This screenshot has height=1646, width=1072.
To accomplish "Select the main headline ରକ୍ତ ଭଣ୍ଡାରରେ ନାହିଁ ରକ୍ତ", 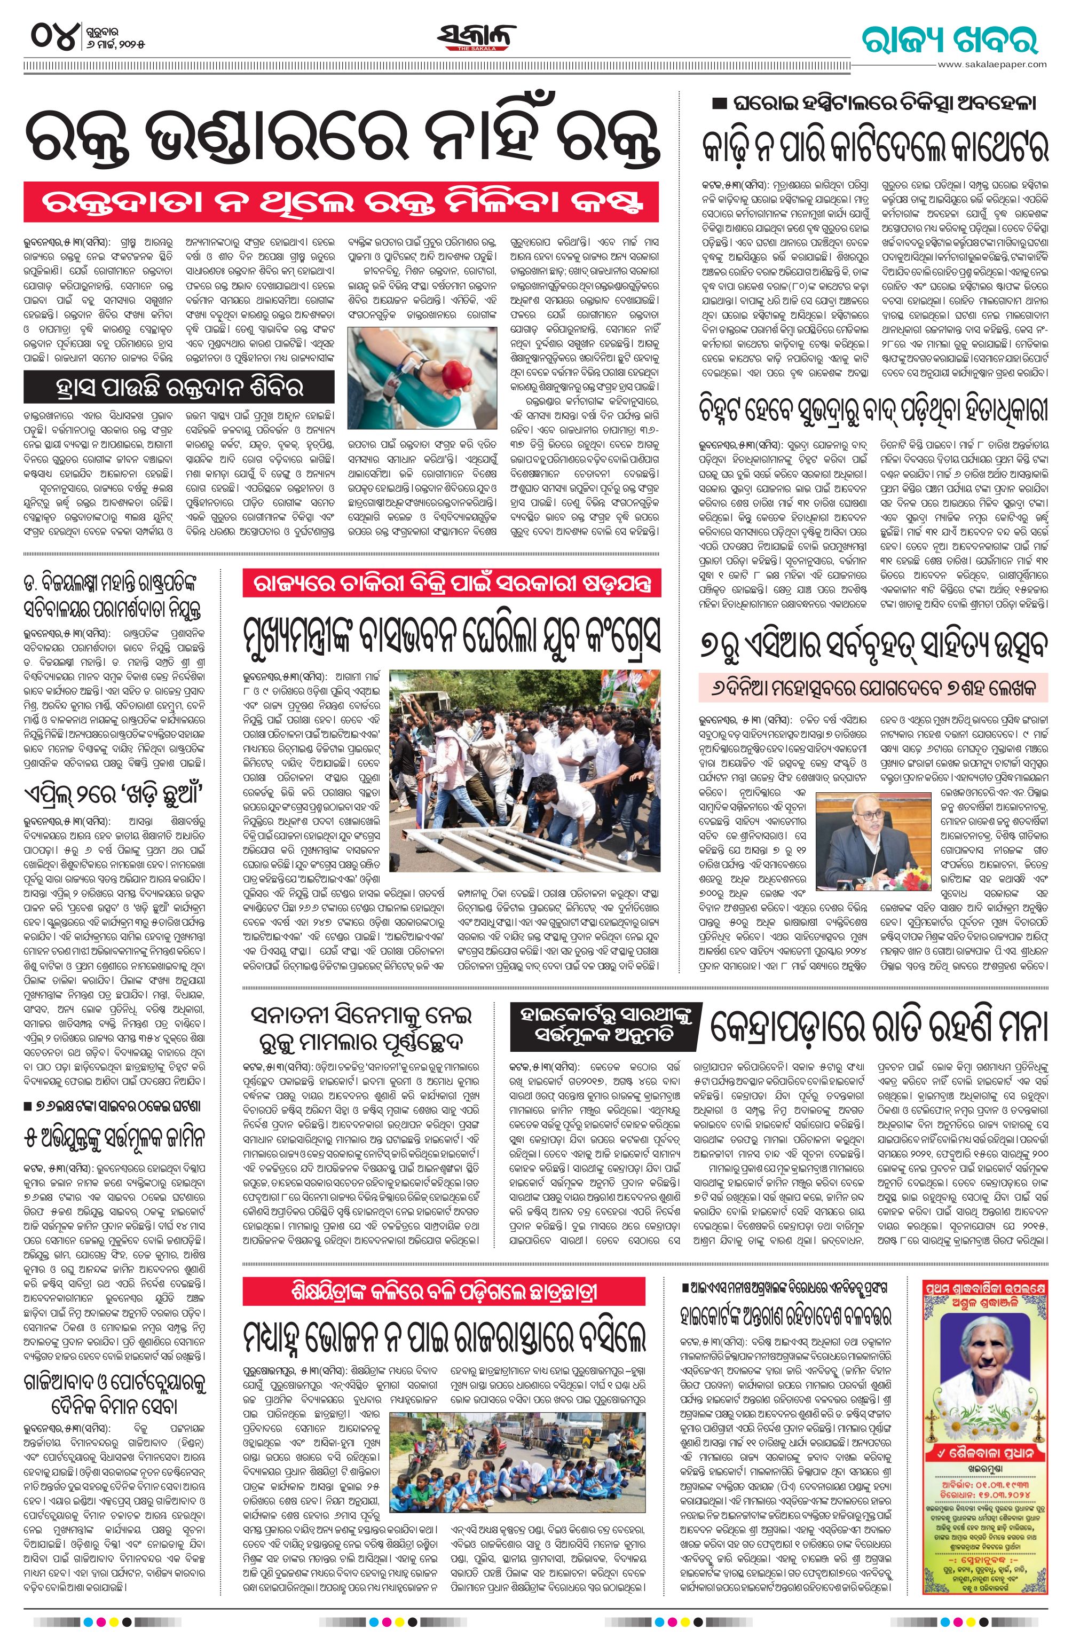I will (x=342, y=139).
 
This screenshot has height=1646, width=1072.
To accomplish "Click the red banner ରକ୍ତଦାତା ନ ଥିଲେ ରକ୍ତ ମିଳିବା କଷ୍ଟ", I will (x=341, y=201).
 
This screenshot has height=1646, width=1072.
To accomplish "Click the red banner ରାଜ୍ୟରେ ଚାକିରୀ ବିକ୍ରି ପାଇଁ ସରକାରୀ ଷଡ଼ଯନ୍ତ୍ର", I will (x=452, y=582).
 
